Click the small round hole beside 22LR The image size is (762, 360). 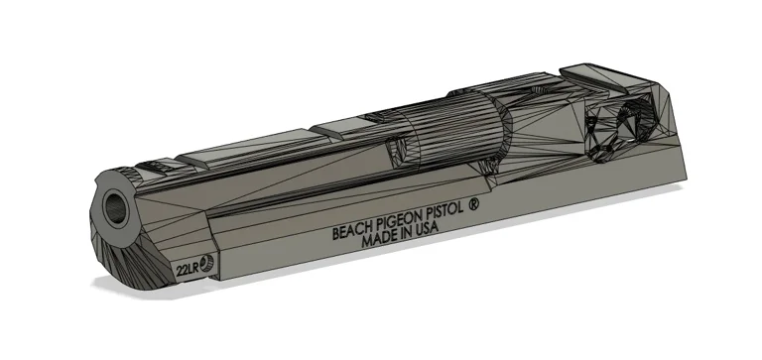tap(206, 264)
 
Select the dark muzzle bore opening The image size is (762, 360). tap(118, 206)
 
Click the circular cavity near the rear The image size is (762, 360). tap(613, 131)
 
